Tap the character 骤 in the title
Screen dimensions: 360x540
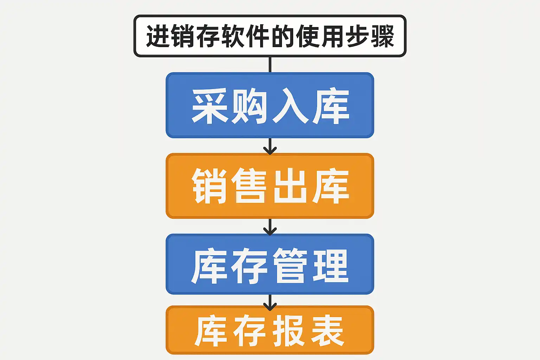point(382,36)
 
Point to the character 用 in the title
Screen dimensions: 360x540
point(333,36)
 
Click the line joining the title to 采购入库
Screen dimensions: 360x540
point(270,65)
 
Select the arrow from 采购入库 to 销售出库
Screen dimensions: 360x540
point(270,146)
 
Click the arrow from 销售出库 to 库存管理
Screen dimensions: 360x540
point(270,227)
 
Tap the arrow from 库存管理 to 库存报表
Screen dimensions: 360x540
point(270,302)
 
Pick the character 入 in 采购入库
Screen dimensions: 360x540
point(290,106)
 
